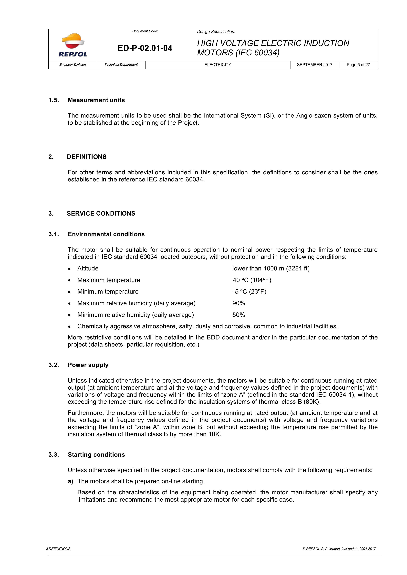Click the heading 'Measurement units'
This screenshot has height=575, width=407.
coord(96,100)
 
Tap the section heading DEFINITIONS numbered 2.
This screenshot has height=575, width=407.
coord(86,157)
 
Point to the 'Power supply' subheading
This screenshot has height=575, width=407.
coord(88,365)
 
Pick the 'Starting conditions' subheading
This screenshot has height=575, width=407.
coord(96,455)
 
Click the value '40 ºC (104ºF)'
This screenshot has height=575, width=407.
coord(252,280)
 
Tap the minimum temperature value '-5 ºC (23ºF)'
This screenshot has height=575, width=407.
coord(249,291)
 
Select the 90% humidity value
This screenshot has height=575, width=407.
coord(239,303)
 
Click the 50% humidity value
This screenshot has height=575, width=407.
coord(239,315)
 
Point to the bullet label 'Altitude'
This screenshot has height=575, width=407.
coord(88,268)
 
